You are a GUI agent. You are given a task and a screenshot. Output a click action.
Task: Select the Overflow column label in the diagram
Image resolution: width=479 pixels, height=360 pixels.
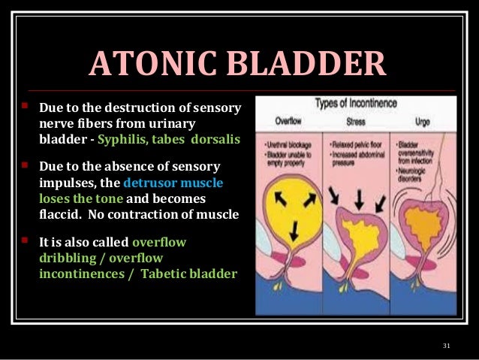click(x=288, y=120)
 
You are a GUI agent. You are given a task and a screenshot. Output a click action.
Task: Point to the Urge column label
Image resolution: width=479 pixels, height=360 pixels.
click(x=423, y=120)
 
